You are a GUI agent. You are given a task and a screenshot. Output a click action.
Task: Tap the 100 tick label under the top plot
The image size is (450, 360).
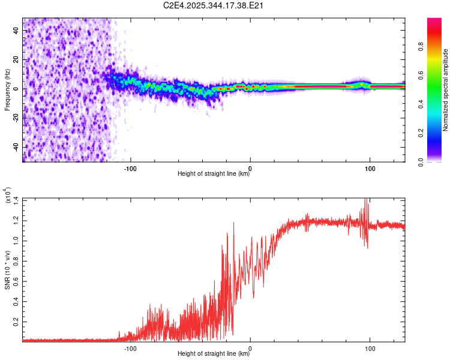click(x=370, y=168)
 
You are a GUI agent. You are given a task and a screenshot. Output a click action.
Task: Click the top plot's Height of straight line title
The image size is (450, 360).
click(x=214, y=175)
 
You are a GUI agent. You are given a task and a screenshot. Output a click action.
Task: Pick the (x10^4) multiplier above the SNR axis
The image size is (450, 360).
click(x=8, y=196)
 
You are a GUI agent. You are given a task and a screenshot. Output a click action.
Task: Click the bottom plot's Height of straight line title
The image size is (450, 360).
click(x=214, y=354)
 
